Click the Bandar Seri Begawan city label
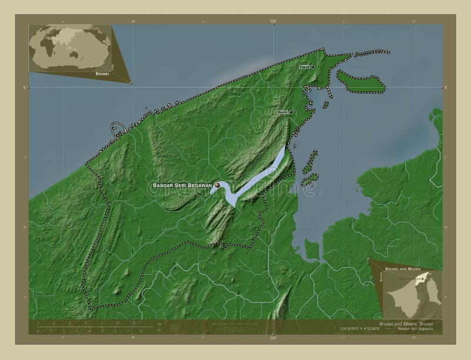(x=182, y=186)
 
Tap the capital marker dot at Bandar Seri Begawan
(x=217, y=185)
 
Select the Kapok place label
(x=304, y=67)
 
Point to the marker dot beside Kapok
(x=313, y=67)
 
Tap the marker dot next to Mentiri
(x=291, y=112)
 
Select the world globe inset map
(x=70, y=48)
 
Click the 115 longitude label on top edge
(x=273, y=21)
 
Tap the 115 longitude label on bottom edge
(x=273, y=339)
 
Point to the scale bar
(x=94, y=324)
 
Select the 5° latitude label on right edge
(x=445, y=87)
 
